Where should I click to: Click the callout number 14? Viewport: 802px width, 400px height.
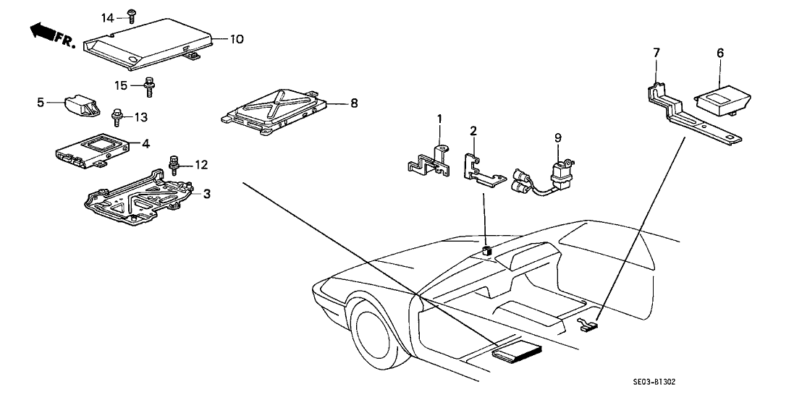click(107, 17)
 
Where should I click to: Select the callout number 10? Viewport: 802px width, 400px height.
click(237, 39)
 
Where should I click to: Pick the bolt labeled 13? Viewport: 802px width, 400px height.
click(116, 116)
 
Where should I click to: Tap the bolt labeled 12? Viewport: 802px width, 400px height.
click(174, 164)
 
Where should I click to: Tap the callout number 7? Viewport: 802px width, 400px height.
click(657, 52)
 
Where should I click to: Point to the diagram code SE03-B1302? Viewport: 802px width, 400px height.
click(654, 382)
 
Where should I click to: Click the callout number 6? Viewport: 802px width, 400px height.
click(720, 52)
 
